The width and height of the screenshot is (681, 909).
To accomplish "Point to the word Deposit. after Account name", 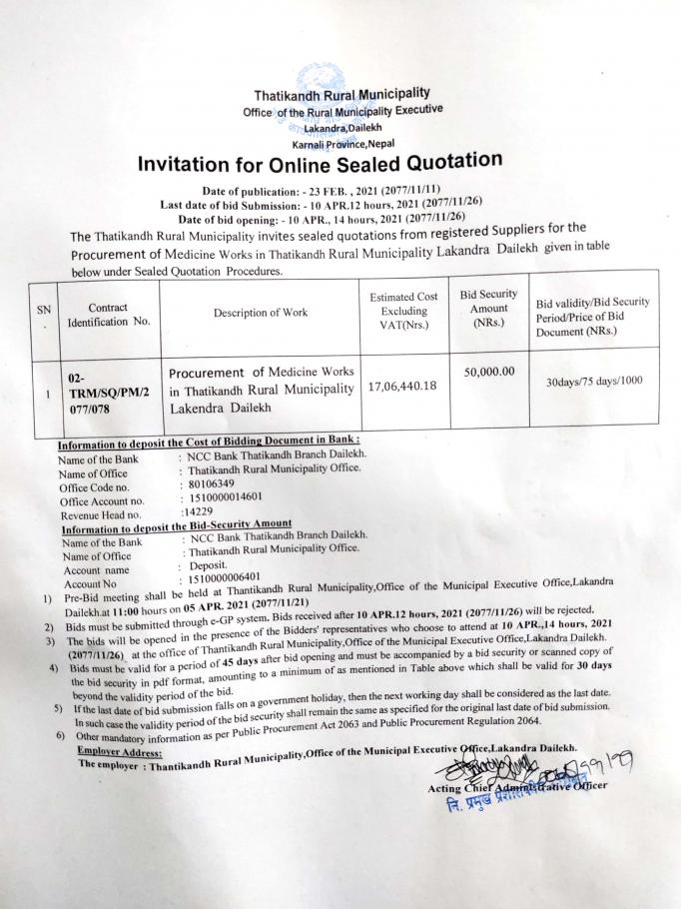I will click(x=211, y=564).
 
